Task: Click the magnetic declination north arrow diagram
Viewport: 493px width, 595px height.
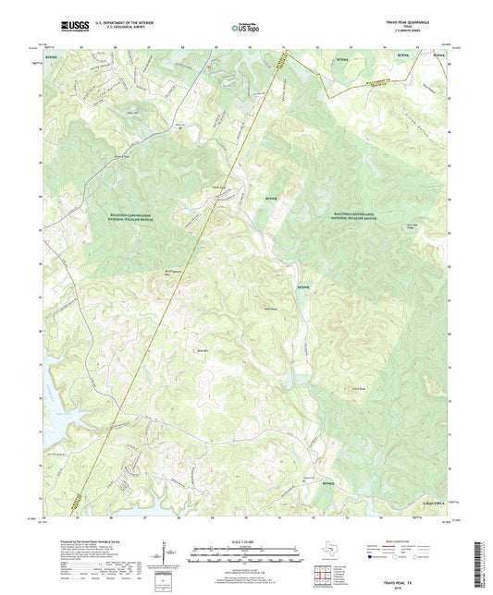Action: click(x=167, y=554)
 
